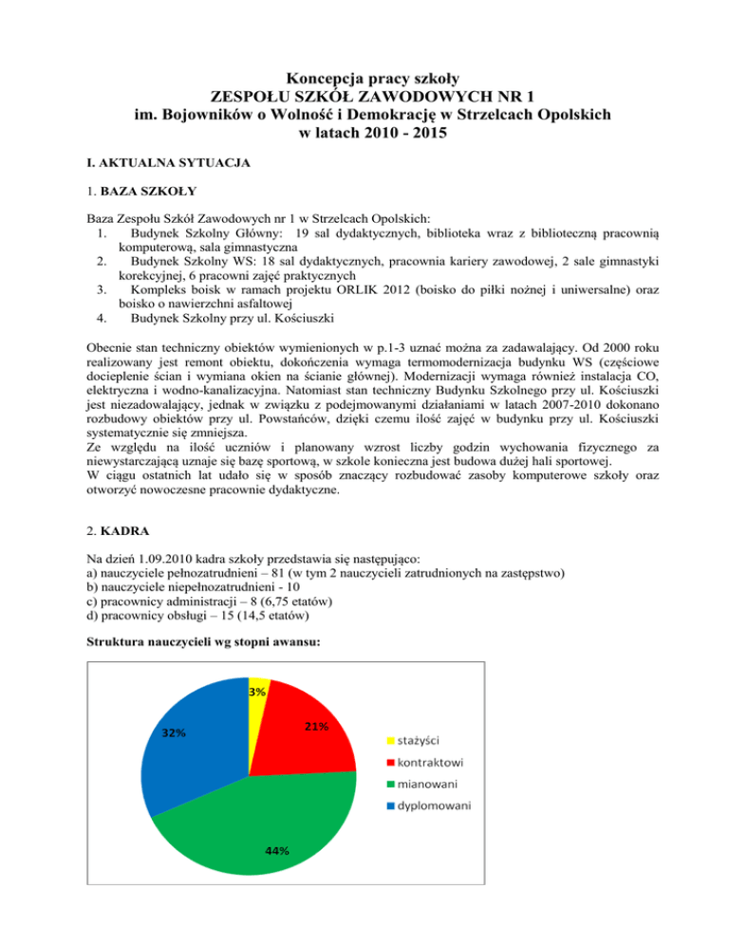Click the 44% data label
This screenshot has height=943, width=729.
click(277, 851)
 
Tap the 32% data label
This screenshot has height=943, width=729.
click(173, 732)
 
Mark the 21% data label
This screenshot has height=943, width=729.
click(316, 727)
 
